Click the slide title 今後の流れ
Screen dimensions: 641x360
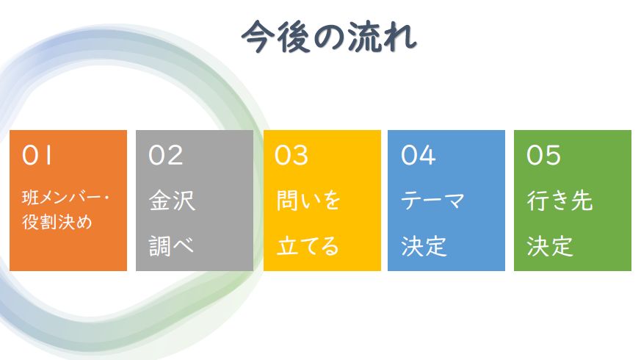(329, 37)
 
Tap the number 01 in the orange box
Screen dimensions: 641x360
(37, 156)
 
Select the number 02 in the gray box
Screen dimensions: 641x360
(165, 156)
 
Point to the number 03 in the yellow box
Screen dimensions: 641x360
(291, 156)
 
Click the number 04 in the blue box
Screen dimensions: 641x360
(419, 156)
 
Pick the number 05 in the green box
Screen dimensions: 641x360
(543, 156)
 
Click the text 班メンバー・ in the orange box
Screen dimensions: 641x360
(65, 198)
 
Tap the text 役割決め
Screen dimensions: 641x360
(57, 222)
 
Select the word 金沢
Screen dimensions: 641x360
(172, 201)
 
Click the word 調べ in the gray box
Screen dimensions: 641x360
(171, 246)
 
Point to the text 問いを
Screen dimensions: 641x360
(308, 201)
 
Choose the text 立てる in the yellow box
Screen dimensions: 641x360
(308, 246)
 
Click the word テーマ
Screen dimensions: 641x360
(432, 201)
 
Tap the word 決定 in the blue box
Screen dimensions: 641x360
(424, 246)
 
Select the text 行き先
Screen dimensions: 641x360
(559, 201)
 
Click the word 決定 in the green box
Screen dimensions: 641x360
(550, 246)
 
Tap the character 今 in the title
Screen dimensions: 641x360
(258, 37)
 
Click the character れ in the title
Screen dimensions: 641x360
(400, 37)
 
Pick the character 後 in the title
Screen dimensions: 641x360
(293, 37)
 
